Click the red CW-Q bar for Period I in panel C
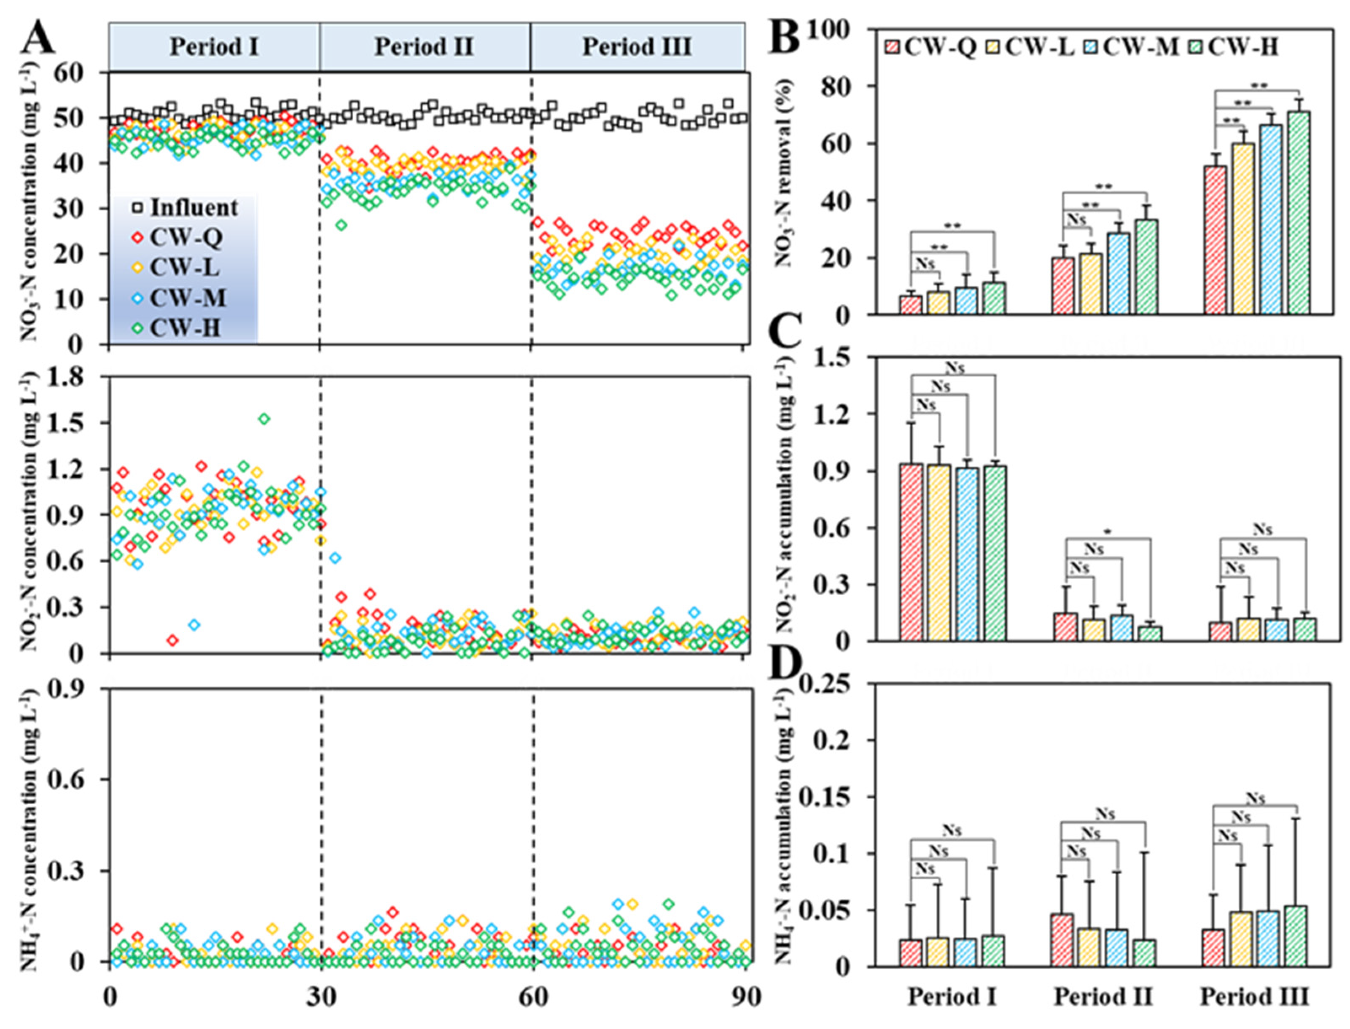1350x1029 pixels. [912, 553]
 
